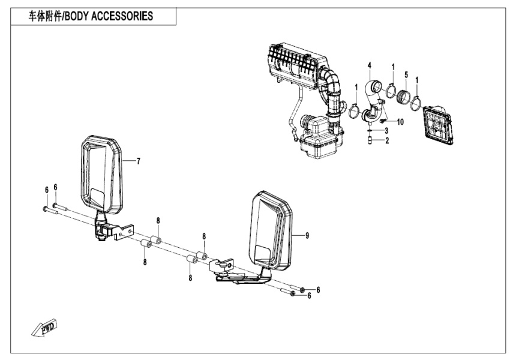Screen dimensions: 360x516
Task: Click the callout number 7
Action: [139, 161]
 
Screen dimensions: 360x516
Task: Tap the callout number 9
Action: [307, 236]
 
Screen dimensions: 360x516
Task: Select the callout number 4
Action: [370, 65]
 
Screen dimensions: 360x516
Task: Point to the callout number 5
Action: [406, 75]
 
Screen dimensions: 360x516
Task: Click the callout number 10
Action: [400, 122]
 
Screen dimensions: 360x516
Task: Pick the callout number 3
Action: [386, 131]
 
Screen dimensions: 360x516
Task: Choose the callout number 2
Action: [386, 141]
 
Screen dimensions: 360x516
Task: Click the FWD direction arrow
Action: [41, 329]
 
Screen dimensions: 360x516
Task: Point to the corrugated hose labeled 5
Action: [405, 96]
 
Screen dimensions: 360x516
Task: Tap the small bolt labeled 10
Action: [382, 122]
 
